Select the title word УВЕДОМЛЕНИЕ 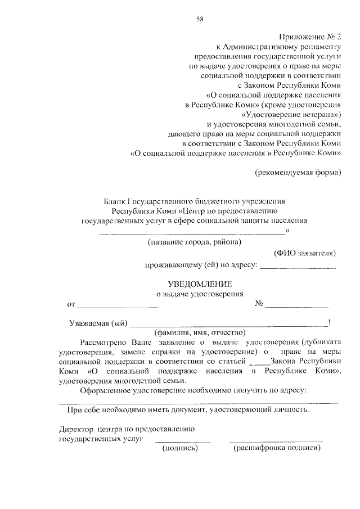(x=200, y=285)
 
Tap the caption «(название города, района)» (x=194, y=242)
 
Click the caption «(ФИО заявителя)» (x=305, y=253)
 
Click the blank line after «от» (x=117, y=307)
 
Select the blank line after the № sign (x=296, y=306)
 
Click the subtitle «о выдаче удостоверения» (x=200, y=294)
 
